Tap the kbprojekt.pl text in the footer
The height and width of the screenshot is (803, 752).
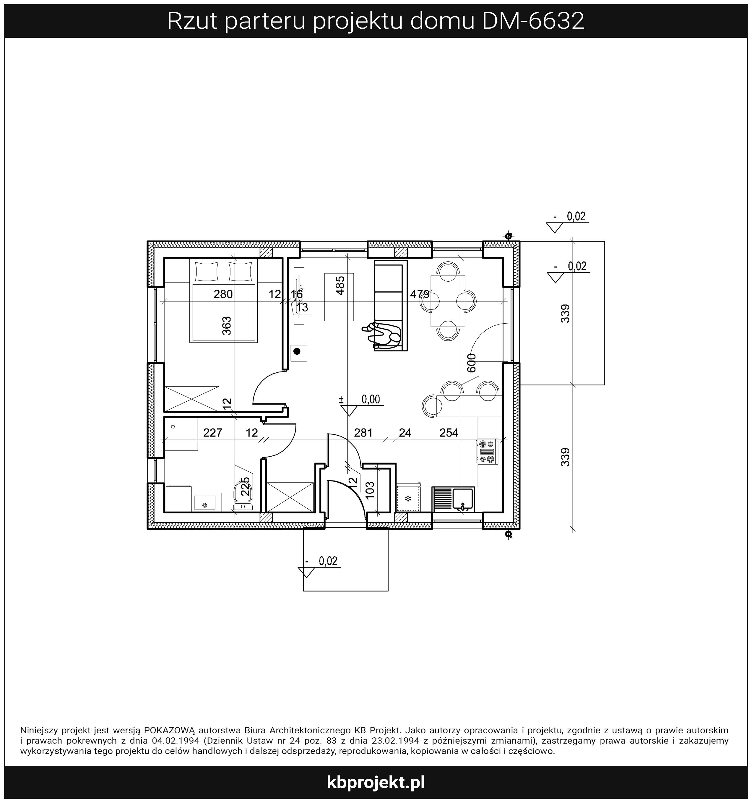(376, 783)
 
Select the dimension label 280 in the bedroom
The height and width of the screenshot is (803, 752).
(223, 294)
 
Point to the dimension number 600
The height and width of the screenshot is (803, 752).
(471, 362)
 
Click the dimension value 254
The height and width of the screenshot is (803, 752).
(449, 433)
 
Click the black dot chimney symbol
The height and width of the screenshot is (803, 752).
(297, 351)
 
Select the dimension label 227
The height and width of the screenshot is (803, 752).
(213, 433)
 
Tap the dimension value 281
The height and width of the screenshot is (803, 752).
(363, 433)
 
